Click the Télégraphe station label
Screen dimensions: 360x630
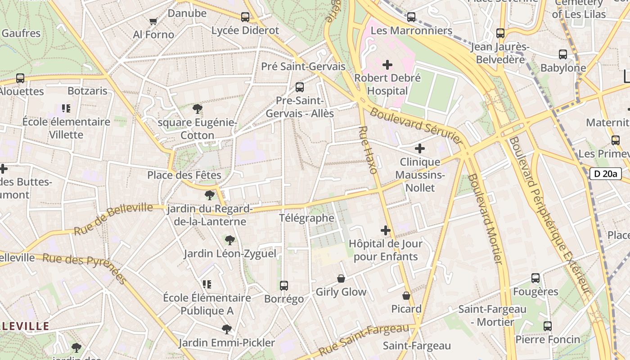(306, 218)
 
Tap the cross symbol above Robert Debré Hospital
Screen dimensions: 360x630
(387, 65)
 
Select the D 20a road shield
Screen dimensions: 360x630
(605, 174)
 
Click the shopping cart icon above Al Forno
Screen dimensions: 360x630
(153, 21)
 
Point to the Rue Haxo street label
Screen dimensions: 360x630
(368, 150)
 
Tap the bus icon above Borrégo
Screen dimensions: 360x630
(283, 285)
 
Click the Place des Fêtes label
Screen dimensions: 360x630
(184, 175)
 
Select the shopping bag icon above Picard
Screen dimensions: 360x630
(406, 296)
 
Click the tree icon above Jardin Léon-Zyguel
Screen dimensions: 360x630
(230, 240)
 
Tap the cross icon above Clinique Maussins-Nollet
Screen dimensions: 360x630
(419, 148)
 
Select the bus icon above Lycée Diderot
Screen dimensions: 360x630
(245, 17)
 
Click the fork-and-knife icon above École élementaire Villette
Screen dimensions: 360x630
(66, 108)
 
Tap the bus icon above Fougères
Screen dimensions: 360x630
(535, 278)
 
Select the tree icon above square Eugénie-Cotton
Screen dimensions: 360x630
(197, 108)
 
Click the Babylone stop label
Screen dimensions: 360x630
(563, 68)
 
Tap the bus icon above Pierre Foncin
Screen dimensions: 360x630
(547, 326)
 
